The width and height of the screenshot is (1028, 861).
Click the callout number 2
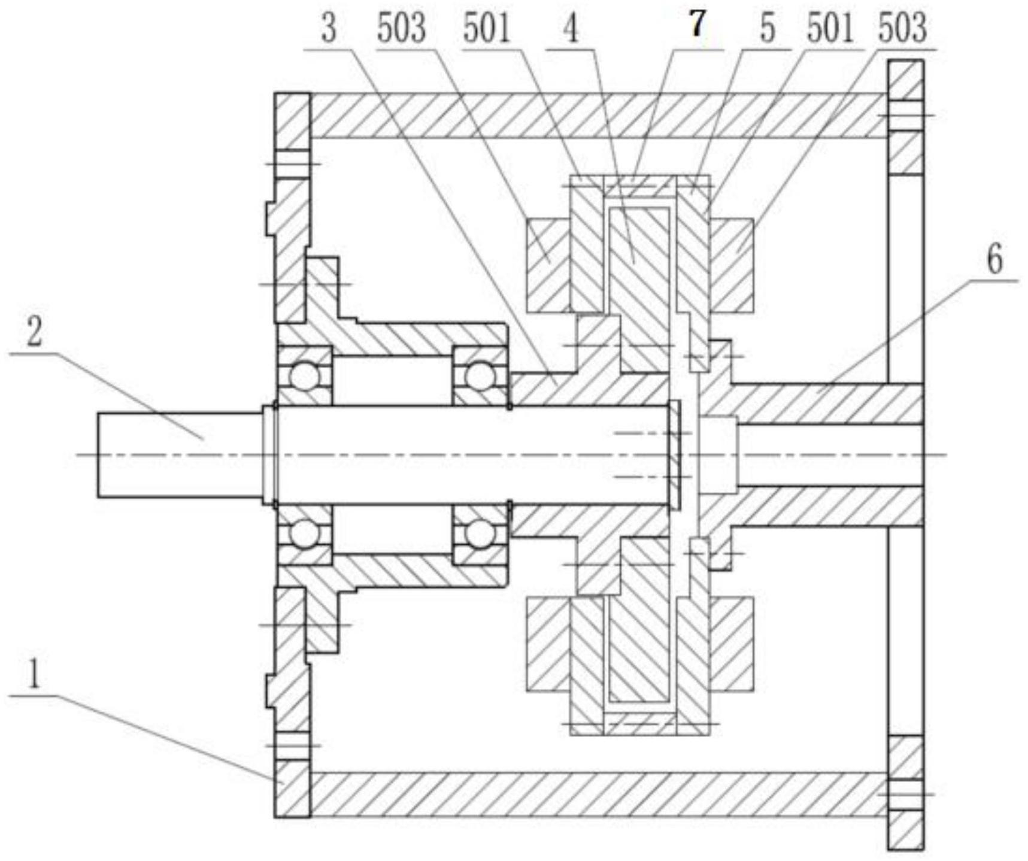coord(34,332)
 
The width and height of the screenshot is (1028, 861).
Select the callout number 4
coord(572,29)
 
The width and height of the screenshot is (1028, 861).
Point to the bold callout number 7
coord(696,25)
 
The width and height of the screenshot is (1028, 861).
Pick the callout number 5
coord(767,28)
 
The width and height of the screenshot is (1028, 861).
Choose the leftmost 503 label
coord(401,29)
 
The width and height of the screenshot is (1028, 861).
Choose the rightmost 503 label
coord(902,28)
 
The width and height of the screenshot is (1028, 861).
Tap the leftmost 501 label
coord(486,29)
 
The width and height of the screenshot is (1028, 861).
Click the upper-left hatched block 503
coord(548,266)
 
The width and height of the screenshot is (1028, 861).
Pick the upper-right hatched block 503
coord(731,266)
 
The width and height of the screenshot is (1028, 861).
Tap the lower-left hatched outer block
coord(548,644)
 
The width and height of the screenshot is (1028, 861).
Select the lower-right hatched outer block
coord(731,644)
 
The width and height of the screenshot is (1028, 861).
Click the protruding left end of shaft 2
coord(180,455)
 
